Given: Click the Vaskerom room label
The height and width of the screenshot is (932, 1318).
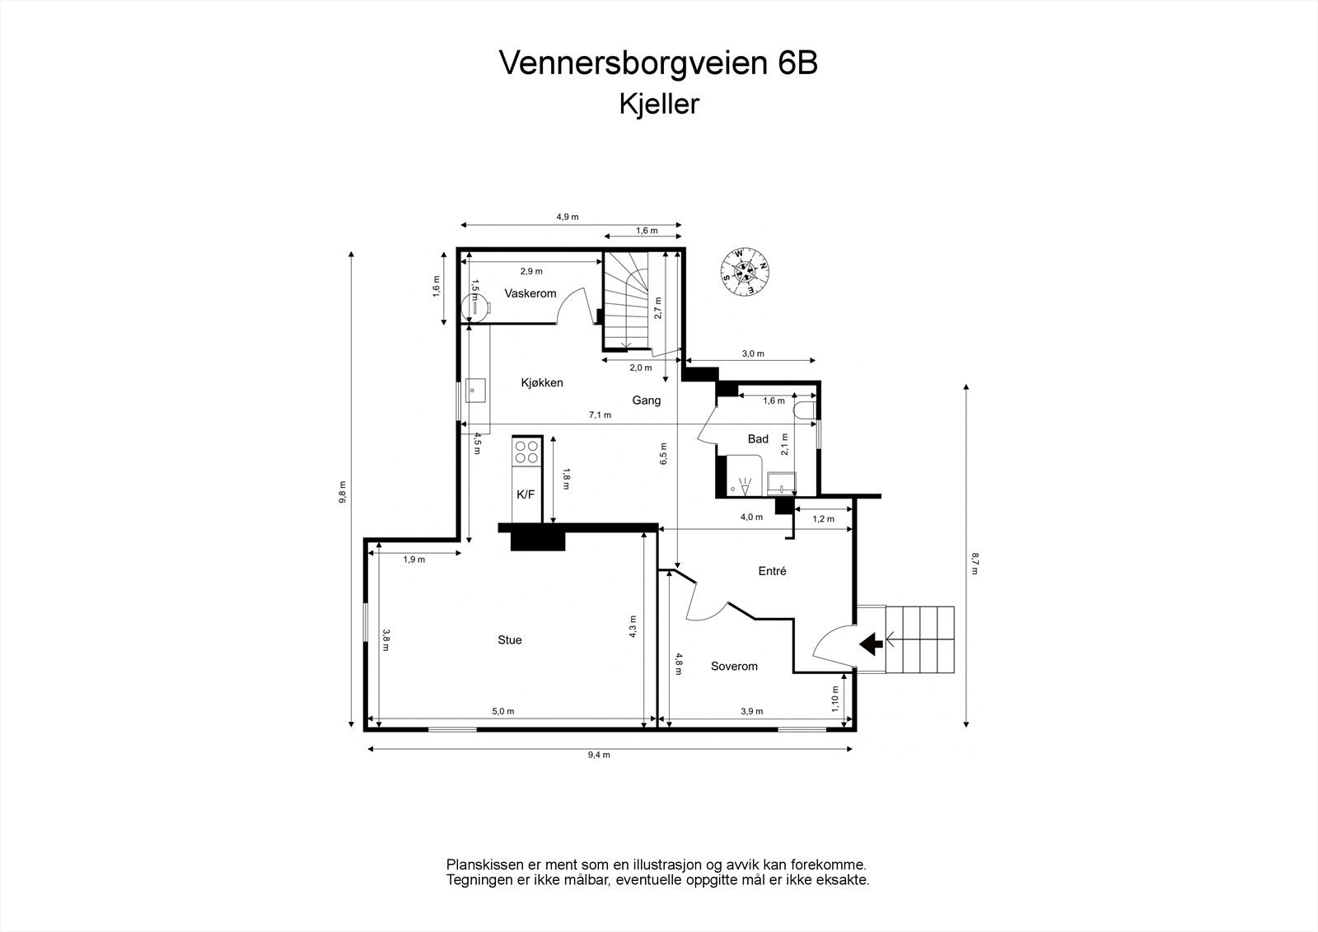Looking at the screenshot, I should [530, 293].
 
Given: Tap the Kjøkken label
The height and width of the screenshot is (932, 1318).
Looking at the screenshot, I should [542, 382].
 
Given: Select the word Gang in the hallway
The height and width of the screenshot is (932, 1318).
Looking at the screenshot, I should [647, 400].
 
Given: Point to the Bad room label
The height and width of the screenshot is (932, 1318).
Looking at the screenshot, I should [758, 439].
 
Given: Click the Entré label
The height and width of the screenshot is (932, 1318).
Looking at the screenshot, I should [772, 570].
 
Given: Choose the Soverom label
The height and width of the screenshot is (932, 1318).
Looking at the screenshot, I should [734, 666].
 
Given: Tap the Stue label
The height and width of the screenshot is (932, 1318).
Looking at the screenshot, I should [510, 639].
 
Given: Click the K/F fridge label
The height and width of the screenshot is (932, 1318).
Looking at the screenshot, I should [526, 494].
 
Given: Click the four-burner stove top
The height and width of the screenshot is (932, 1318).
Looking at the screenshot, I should [526, 452].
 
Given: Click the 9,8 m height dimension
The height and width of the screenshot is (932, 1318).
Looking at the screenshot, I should [343, 492].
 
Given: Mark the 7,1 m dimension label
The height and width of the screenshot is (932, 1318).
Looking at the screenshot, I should [600, 415].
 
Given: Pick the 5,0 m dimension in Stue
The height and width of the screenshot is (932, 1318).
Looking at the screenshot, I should [503, 711].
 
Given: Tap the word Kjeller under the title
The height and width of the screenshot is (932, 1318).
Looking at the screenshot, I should [659, 105].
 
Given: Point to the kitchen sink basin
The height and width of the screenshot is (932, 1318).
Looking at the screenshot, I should [475, 389].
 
